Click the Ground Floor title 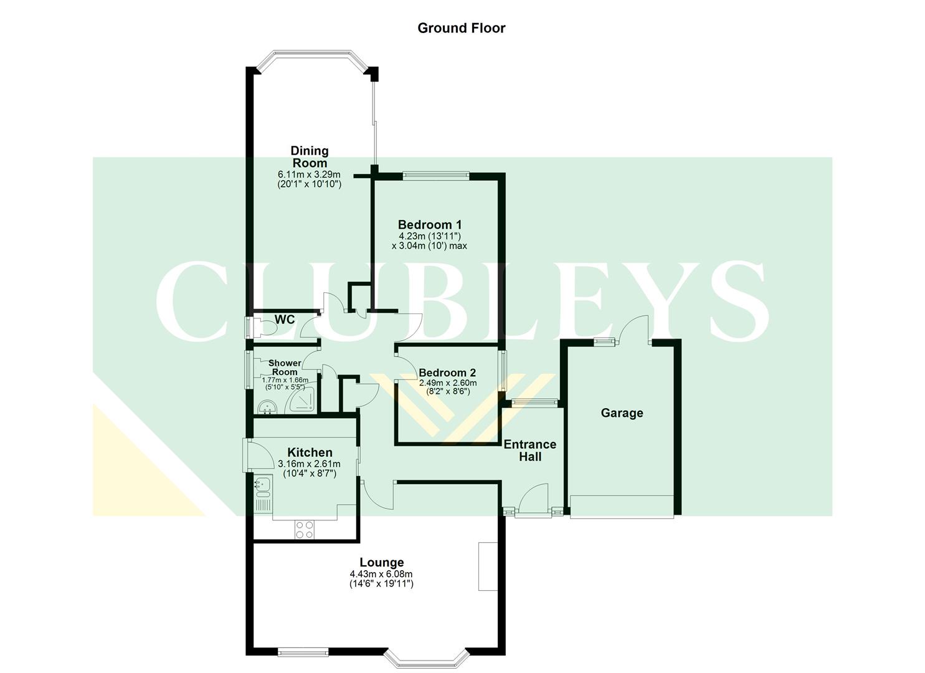click(x=461, y=28)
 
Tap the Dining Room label click(x=310, y=156)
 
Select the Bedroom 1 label click(x=430, y=224)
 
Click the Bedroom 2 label click(x=447, y=373)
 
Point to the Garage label click(x=622, y=413)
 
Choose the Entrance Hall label click(x=529, y=451)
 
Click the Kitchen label click(x=310, y=452)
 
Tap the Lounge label click(x=382, y=563)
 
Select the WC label click(x=285, y=320)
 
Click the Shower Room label click(x=285, y=368)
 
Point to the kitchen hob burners click(x=305, y=530)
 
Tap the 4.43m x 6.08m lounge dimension click(x=381, y=575)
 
